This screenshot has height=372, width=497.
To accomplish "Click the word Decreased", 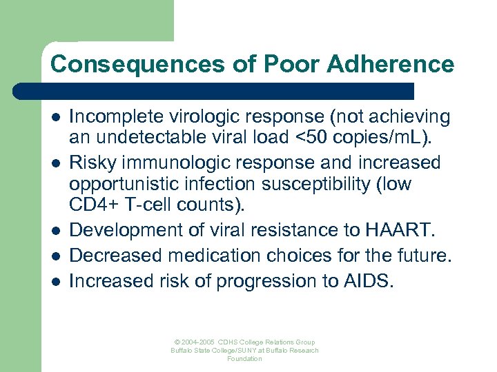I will [x=115, y=256].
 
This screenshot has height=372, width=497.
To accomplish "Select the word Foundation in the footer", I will [x=245, y=359].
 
